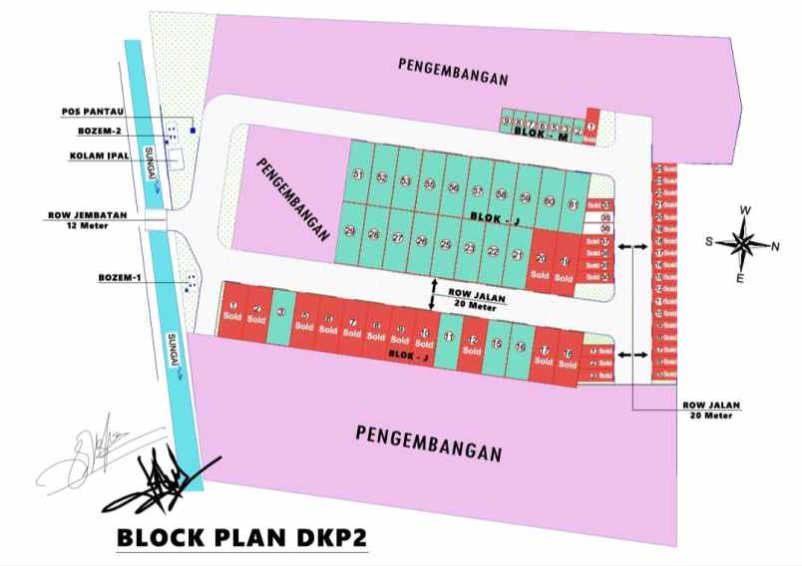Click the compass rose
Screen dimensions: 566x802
(744, 243)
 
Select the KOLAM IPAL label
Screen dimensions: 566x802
(100, 155)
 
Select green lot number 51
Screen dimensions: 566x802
(358, 176)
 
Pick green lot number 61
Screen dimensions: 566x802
(573, 204)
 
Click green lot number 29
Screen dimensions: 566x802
(350, 232)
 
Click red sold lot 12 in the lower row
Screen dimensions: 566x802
(472, 345)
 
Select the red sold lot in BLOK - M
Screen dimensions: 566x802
(592, 127)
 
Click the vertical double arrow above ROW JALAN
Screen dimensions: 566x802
(432, 293)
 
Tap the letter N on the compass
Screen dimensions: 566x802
(776, 246)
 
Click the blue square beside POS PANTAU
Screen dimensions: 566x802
(193, 130)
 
